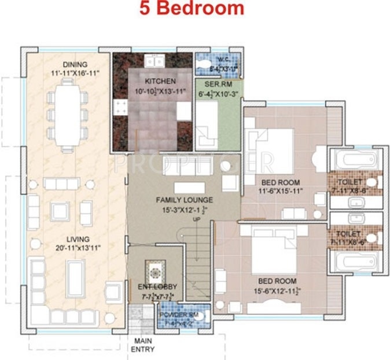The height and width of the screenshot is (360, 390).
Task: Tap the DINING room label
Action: coord(76,64)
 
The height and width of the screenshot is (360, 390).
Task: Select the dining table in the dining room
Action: coord(67,113)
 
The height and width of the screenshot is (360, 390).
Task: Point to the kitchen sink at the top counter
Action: coord(154,60)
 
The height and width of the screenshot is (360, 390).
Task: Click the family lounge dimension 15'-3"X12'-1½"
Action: coord(185,210)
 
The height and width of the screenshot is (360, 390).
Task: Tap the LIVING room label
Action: coord(78,239)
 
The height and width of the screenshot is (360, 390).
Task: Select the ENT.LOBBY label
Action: coord(153,286)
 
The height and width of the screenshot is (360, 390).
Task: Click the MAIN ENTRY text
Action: coord(144,345)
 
